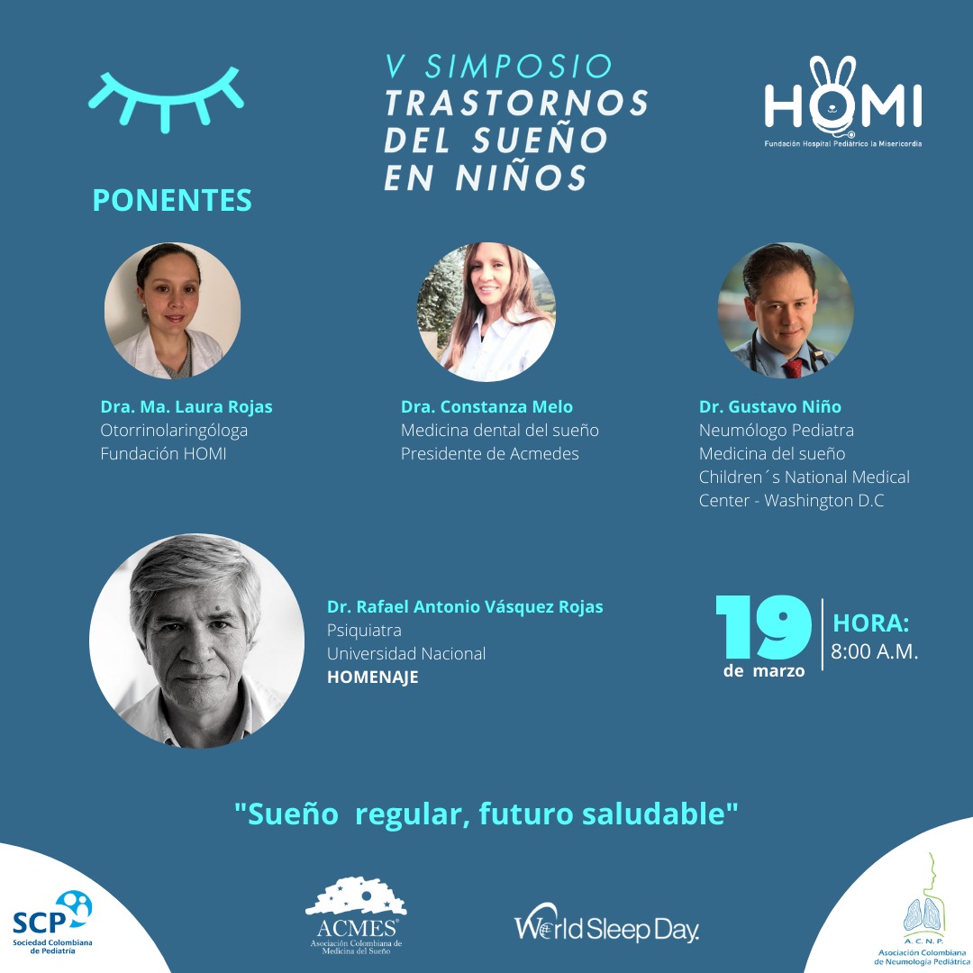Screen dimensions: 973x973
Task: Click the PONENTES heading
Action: pos(172,200)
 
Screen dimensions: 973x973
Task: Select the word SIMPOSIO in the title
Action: pos(519,67)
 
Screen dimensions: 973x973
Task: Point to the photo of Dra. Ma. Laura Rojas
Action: pos(172,310)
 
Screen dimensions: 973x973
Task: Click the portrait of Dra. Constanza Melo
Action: pos(486,312)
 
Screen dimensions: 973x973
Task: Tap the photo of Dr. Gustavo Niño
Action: pos(786,310)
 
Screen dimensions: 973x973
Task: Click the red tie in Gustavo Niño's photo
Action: pos(793,368)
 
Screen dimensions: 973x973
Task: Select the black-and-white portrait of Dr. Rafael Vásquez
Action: pos(196,641)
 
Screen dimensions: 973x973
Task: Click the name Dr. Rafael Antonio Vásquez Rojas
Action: pos(465,606)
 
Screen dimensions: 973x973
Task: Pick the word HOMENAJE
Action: pos(372,677)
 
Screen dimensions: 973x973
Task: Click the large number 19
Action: pos(764,627)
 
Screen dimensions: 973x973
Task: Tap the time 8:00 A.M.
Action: pos(874,651)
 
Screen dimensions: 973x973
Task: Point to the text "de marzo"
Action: pos(764,671)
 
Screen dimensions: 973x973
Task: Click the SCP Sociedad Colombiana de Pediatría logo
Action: pos(53,923)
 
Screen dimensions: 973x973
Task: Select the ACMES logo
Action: pos(356,915)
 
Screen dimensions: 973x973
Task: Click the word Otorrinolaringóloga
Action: pos(174,431)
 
